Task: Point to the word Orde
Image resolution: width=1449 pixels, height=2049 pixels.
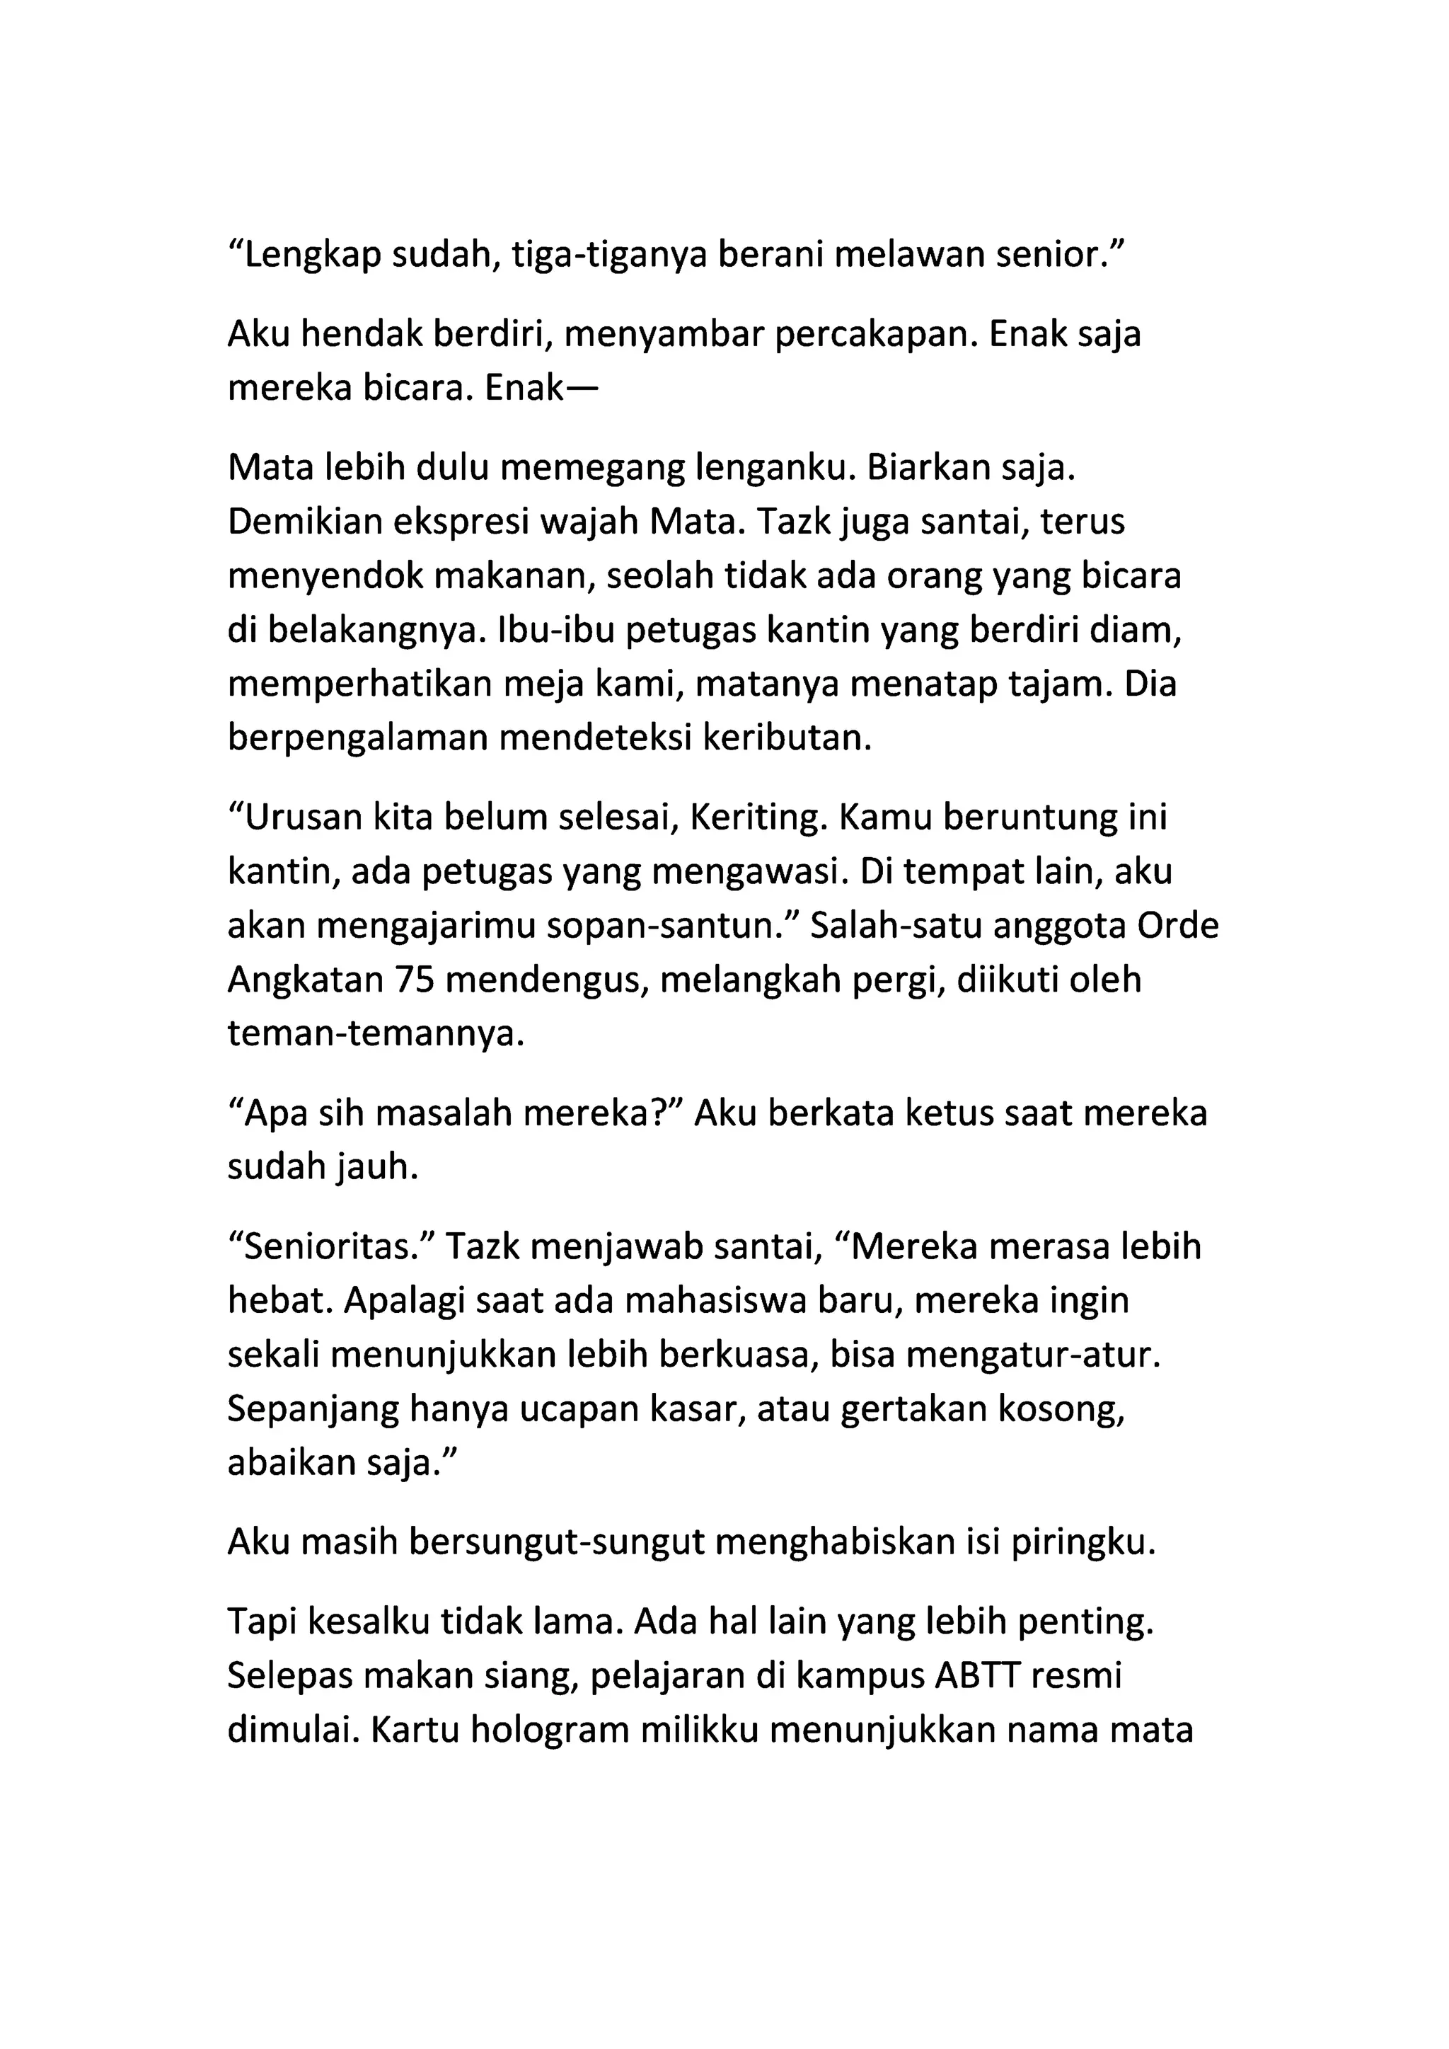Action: click(x=1178, y=926)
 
